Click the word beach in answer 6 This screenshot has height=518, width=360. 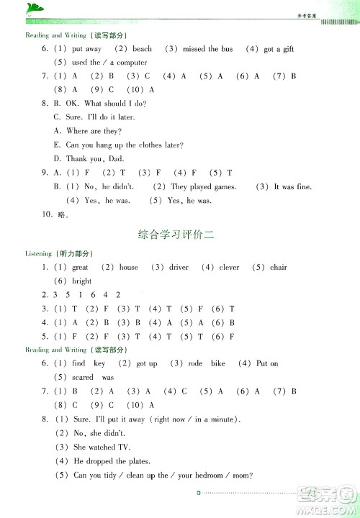142,49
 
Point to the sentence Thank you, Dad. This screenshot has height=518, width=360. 89,158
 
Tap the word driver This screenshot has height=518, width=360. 179,268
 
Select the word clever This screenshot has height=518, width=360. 229,268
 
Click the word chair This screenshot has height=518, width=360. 278,268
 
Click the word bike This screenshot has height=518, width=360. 218,364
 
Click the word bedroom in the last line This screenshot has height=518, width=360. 211,474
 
